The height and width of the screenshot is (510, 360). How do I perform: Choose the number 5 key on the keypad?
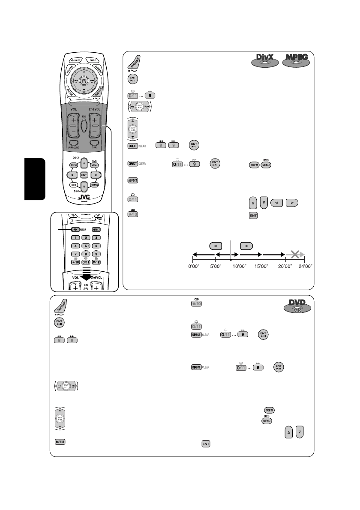(x=86, y=246)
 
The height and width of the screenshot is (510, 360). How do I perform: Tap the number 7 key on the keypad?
(x=75, y=254)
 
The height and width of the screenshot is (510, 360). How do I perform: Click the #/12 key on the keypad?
(x=96, y=262)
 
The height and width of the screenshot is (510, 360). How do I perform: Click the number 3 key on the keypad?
(x=96, y=237)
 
